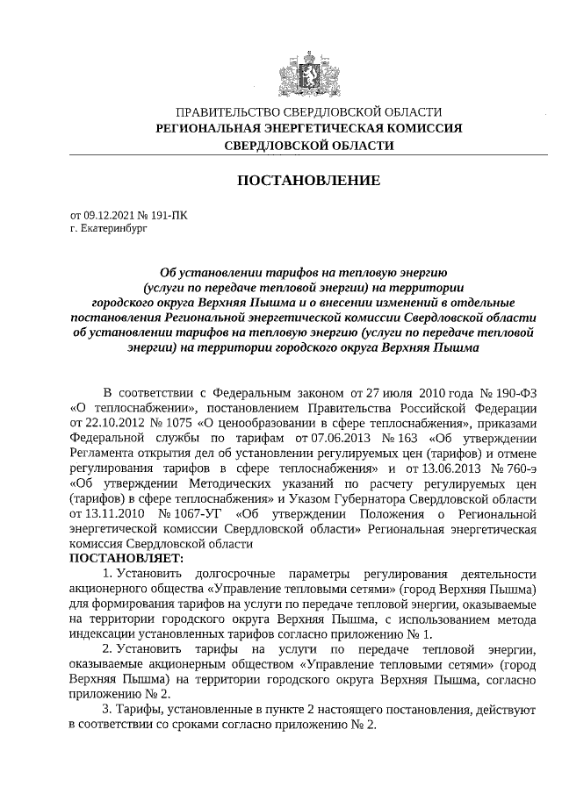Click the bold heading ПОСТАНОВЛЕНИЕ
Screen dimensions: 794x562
(x=309, y=181)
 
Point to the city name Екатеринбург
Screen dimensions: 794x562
(x=114, y=226)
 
